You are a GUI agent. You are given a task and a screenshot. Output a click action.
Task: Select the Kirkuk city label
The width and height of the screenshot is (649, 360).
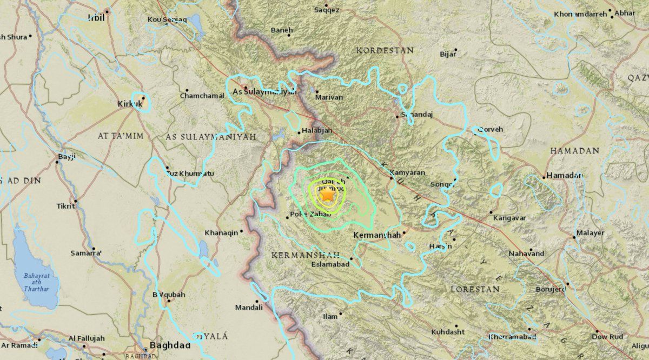pyautogui.click(x=129, y=103)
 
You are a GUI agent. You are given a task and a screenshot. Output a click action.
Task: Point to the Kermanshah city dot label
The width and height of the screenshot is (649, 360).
pyautogui.click(x=376, y=235)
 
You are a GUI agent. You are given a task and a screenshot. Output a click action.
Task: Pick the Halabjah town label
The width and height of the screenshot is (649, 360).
pyautogui.click(x=317, y=131)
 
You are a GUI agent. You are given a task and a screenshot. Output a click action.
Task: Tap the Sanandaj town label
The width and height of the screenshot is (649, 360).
pyautogui.click(x=417, y=115)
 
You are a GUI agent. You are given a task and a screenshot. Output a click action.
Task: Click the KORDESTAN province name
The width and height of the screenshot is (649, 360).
pyautogui.click(x=385, y=50)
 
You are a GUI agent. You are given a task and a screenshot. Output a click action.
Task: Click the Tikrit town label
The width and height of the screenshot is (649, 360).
pyautogui.click(x=65, y=206)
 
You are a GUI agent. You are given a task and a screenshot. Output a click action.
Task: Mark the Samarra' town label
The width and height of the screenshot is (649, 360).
pyautogui.click(x=86, y=252)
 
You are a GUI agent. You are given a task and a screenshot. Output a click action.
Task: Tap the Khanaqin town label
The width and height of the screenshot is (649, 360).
pyautogui.click(x=221, y=233)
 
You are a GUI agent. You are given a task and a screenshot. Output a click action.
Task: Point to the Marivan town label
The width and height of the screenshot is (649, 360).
pyautogui.click(x=329, y=97)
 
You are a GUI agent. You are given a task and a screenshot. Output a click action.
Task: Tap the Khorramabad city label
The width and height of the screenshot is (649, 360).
pyautogui.click(x=512, y=337)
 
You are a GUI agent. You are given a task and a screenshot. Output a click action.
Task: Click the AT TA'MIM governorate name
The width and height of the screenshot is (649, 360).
pyautogui.click(x=120, y=136)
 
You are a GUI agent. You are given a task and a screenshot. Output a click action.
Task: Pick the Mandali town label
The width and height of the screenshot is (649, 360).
pyautogui.click(x=249, y=307)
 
